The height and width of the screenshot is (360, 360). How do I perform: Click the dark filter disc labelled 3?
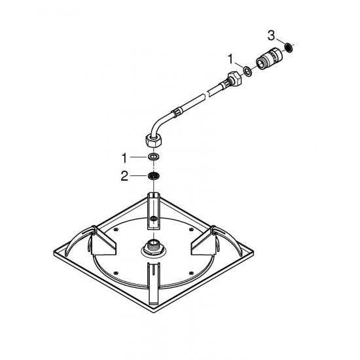288,48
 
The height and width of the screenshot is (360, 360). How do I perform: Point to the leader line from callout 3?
281,41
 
